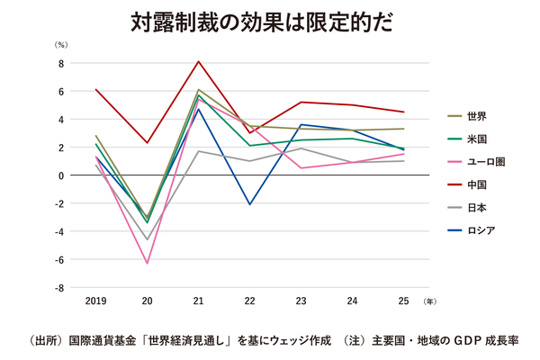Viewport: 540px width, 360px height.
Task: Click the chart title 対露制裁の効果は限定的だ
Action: (x=270, y=22)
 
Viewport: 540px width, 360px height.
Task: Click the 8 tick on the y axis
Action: (x=60, y=63)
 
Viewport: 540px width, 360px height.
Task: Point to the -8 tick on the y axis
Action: (x=58, y=288)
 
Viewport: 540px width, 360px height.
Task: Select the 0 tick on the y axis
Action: (x=60, y=175)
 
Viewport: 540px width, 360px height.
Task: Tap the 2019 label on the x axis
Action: (x=95, y=300)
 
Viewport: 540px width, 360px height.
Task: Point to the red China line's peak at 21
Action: (x=198, y=61)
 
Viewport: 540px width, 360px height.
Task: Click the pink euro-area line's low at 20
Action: (x=147, y=263)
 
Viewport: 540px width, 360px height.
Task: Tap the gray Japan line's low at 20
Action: (x=147, y=239)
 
